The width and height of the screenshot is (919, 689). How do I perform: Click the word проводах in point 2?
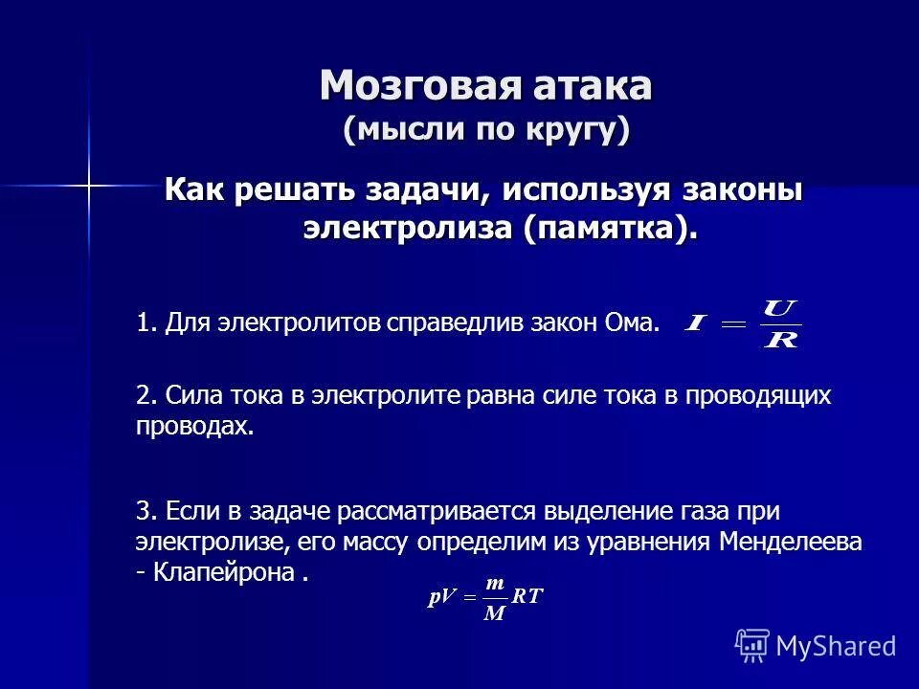[x=194, y=427]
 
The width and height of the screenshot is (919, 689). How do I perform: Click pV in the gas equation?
[x=443, y=598]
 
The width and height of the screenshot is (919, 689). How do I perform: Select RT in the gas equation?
[x=527, y=597]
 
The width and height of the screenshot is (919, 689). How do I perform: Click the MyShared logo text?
[x=834, y=645]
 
